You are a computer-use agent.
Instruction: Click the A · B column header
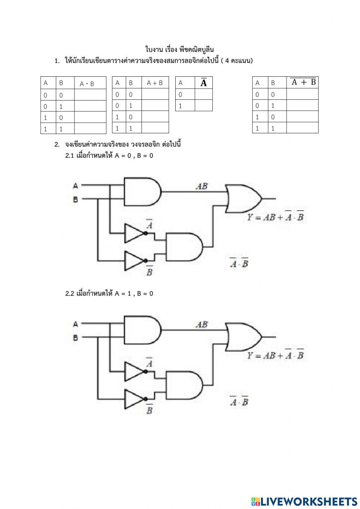pos(87,84)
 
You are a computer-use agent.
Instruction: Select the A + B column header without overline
pos(155,83)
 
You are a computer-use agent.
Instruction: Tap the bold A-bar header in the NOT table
pos(204,82)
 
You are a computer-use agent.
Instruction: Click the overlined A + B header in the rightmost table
pos(303,82)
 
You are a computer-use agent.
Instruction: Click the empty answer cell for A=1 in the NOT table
pos(204,106)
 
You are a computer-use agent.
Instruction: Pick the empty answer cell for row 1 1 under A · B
pos(90,128)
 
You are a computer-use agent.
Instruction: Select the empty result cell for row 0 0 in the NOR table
pos(302,94)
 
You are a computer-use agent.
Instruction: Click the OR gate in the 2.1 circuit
pos(243,198)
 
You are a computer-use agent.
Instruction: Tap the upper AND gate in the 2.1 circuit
pos(143,192)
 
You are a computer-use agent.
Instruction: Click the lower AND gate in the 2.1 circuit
pos(184,247)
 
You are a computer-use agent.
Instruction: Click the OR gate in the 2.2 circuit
pos(243,337)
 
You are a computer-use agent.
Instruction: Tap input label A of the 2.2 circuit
pos(76,324)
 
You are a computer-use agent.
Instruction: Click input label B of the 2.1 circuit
pos(75,200)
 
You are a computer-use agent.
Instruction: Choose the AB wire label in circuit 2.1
pos(202,186)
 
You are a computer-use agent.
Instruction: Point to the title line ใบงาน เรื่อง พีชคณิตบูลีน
pos(179,49)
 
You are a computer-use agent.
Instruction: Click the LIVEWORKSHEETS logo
pos(304,501)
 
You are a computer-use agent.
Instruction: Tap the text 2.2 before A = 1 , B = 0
pos(69,293)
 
